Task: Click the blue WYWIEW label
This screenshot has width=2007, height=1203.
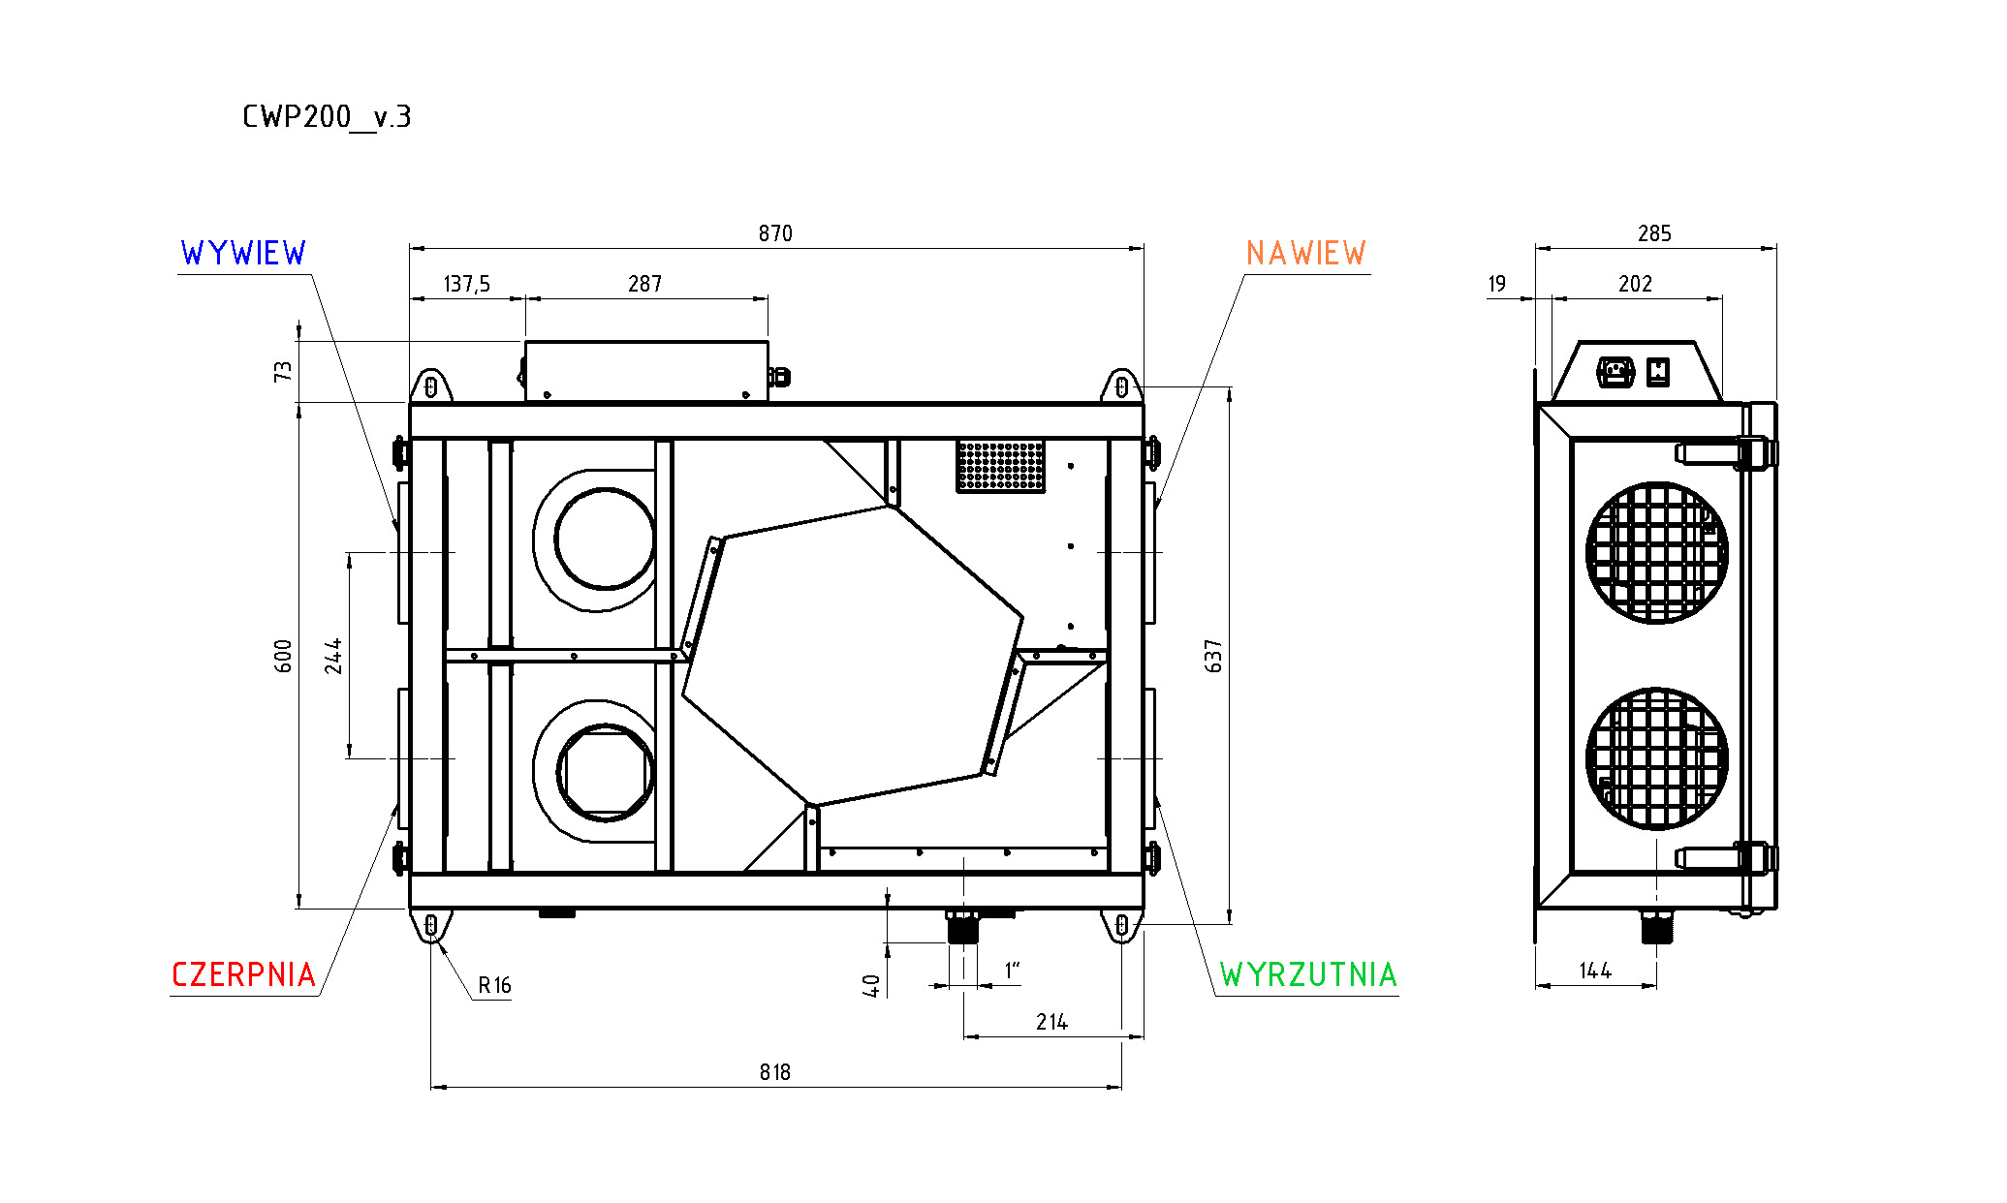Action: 243,254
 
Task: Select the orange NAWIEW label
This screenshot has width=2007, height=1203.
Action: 1305,254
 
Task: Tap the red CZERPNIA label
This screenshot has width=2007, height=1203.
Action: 243,974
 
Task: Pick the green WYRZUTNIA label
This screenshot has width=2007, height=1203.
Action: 1308,974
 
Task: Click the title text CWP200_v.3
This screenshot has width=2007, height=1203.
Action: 327,117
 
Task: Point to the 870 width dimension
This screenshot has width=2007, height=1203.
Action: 775,233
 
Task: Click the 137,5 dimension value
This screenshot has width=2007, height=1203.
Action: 467,284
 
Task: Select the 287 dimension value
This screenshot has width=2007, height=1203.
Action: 644,284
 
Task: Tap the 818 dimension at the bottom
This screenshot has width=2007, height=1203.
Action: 775,1072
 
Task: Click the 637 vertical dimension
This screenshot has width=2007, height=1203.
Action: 1213,656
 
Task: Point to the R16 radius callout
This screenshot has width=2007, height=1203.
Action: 494,986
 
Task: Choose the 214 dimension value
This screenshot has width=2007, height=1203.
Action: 1051,1022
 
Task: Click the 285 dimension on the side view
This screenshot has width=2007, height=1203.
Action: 1654,233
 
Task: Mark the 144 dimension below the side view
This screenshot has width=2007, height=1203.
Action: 1595,971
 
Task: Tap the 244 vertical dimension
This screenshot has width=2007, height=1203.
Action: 333,656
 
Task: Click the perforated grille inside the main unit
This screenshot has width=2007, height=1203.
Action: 1001,466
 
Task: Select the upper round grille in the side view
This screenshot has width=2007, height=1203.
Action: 1657,553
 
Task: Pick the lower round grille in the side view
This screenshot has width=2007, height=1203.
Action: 1657,759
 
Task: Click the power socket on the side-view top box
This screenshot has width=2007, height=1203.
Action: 1615,372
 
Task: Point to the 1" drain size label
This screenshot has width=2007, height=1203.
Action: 1012,970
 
